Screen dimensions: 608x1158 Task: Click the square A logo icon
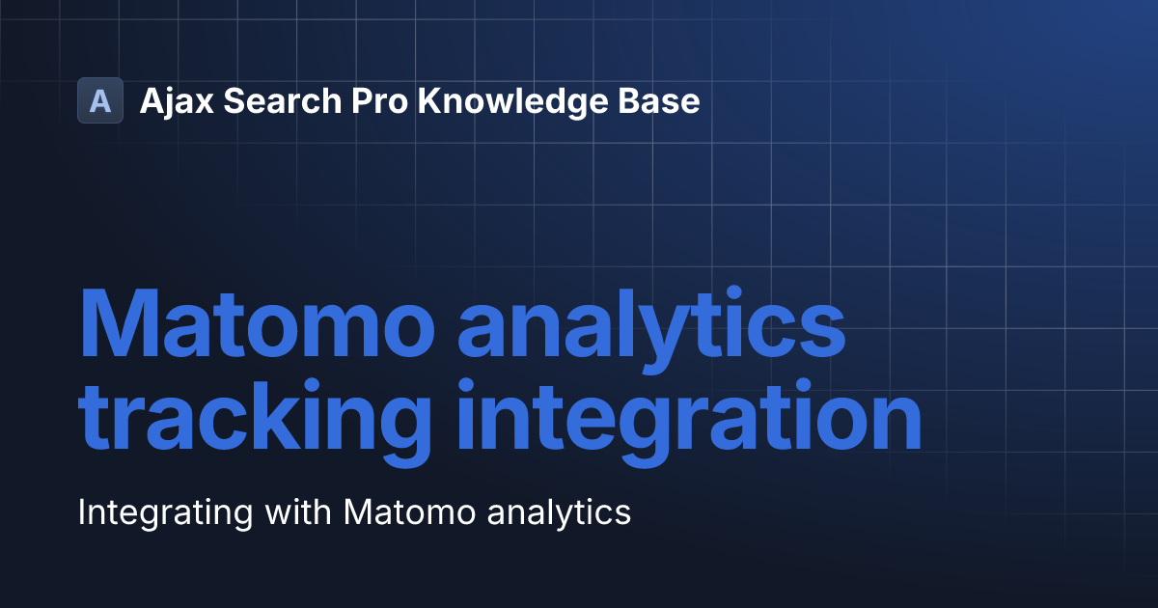100,100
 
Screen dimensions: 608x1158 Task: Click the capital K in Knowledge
428,100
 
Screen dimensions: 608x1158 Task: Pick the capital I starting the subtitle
82,511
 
